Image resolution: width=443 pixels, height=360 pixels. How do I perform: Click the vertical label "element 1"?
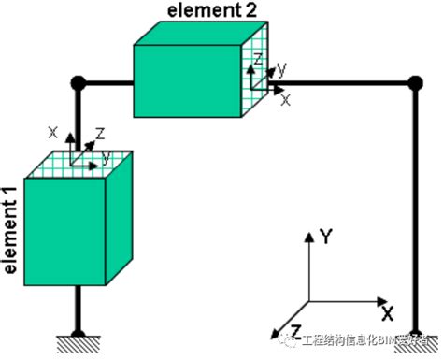[10, 230]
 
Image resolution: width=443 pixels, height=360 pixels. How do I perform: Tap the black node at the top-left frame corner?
[80, 83]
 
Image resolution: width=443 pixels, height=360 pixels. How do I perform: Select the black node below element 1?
[80, 331]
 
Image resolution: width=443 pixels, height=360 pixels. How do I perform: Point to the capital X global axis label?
[386, 310]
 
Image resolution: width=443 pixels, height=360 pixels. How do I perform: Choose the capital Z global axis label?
[295, 331]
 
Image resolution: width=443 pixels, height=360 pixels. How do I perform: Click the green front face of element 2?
[187, 80]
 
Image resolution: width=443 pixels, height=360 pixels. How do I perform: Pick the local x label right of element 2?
[285, 97]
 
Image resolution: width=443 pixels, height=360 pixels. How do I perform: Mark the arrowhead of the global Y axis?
[309, 233]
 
